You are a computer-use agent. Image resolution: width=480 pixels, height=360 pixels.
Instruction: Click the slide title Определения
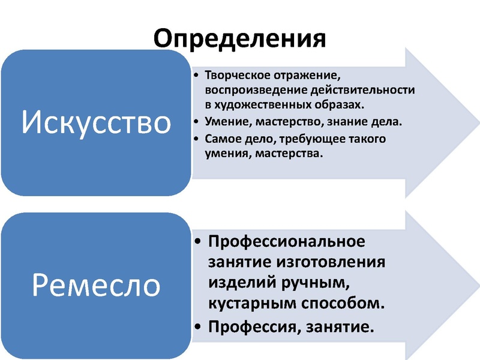point(240,37)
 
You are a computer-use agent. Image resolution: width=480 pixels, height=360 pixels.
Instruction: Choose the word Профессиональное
point(286,242)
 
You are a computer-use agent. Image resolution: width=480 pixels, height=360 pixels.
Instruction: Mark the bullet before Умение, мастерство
point(199,122)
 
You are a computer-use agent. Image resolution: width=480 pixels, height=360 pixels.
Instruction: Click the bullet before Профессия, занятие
point(199,328)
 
